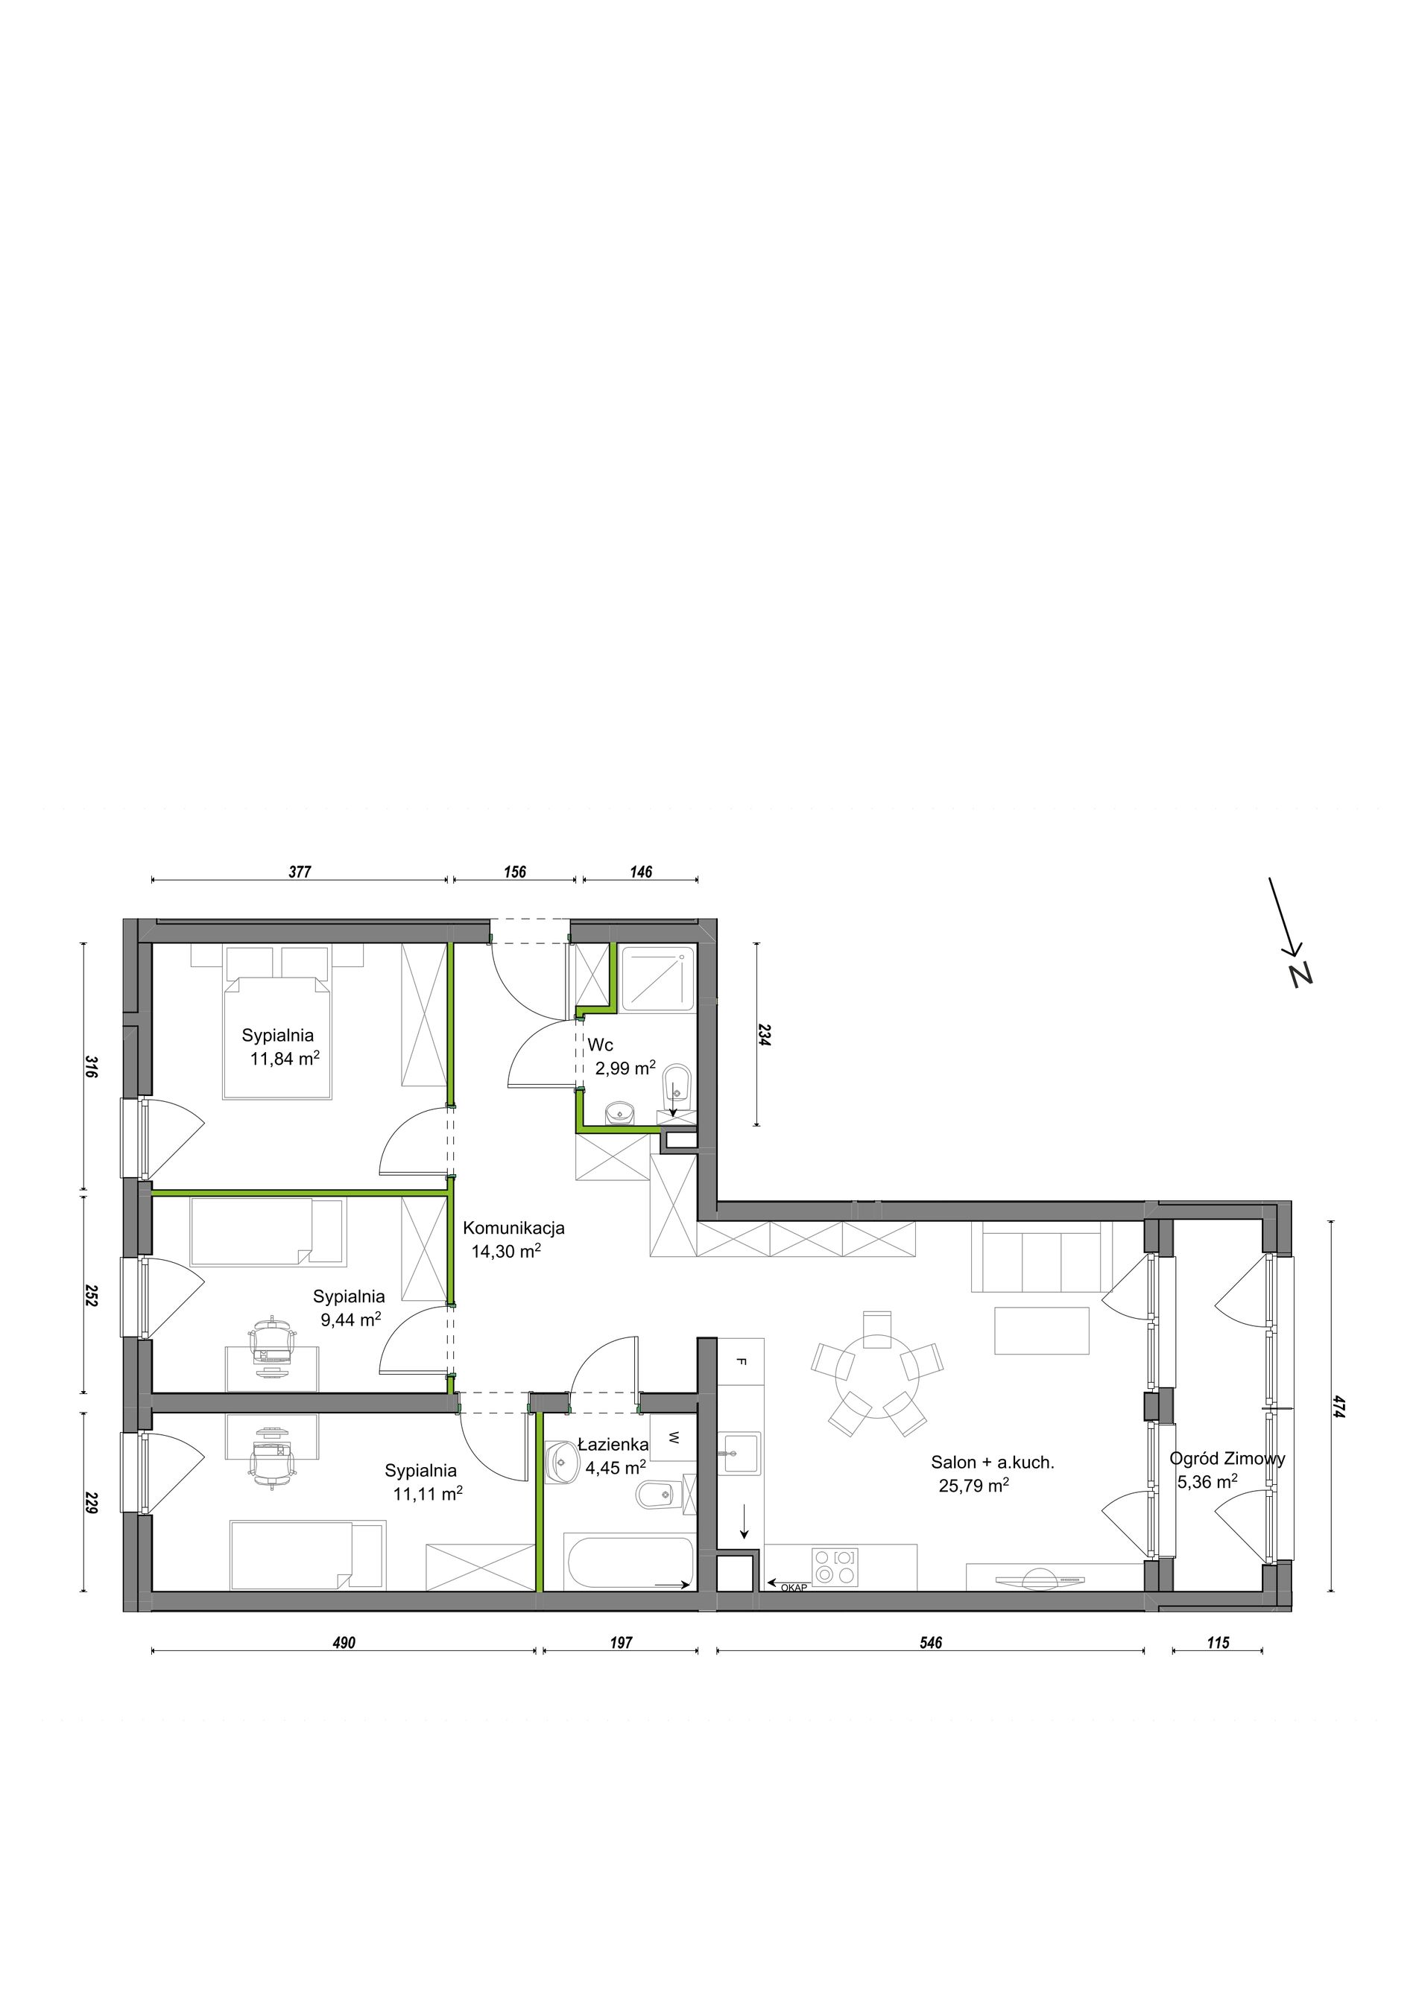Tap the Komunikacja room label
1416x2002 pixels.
tap(513, 1228)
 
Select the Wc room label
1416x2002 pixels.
tap(600, 1045)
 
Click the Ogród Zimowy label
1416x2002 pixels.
tap(1227, 1458)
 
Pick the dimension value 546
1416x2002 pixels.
tap(930, 1643)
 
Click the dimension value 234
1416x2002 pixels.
tap(765, 1035)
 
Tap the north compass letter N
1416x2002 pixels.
tap(1302, 974)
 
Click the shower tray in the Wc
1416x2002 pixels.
tap(658, 978)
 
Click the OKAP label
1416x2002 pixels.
tap(794, 1588)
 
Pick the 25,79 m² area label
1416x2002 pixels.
tap(974, 1485)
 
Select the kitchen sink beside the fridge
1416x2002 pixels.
tap(739, 1452)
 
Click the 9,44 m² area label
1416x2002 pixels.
tap(350, 1320)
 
